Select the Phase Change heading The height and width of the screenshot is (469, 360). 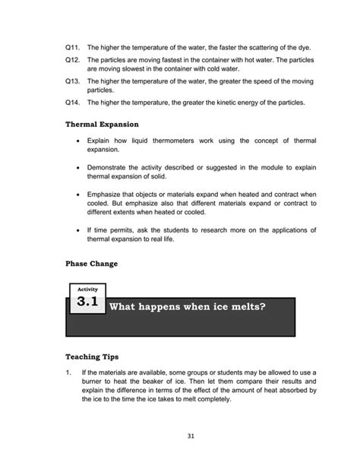[x=92, y=264]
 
